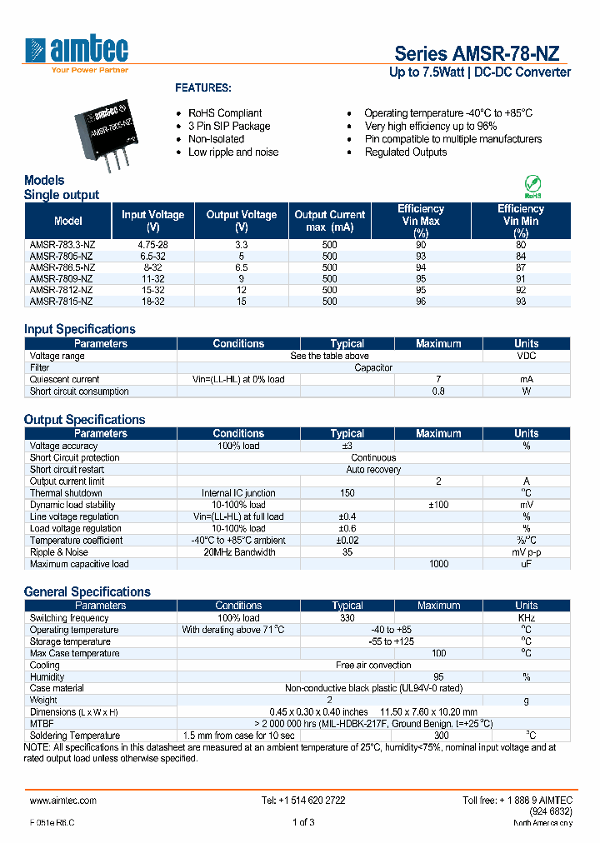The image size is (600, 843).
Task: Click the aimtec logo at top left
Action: [x=77, y=55]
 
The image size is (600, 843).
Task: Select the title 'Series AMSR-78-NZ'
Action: [x=476, y=53]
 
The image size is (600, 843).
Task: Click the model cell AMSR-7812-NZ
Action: [x=62, y=290]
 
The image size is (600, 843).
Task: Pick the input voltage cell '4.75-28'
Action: [x=152, y=245]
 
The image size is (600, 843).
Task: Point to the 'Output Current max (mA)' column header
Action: [x=330, y=221]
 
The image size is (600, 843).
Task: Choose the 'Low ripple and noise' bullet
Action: [x=233, y=152]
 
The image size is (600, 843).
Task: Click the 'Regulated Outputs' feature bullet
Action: [x=406, y=152]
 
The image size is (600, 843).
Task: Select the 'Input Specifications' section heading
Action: [x=80, y=329]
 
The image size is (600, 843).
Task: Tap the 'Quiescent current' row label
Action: [x=65, y=379]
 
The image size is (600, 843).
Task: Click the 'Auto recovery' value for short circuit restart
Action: [x=373, y=470]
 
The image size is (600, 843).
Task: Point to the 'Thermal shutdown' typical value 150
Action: [x=347, y=493]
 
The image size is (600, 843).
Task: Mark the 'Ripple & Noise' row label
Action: [x=59, y=552]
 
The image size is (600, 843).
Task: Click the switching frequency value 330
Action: [x=347, y=618]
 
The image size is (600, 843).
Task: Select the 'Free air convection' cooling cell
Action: [x=373, y=666]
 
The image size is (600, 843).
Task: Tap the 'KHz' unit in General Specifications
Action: [x=526, y=618]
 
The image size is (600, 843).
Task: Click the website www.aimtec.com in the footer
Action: [x=63, y=801]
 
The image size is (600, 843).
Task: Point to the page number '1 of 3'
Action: [x=303, y=823]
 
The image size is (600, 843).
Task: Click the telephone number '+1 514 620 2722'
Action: [x=303, y=801]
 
